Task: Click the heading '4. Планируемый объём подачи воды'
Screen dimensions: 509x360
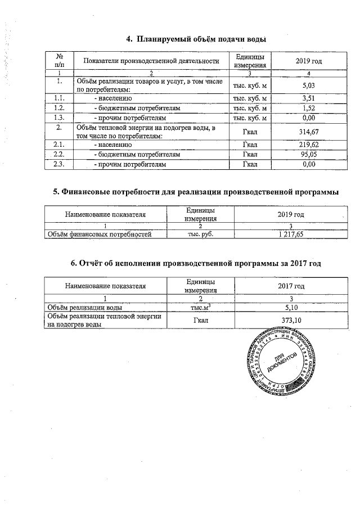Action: pyautogui.click(x=195, y=39)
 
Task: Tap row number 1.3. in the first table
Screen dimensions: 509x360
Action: pyautogui.click(x=59, y=118)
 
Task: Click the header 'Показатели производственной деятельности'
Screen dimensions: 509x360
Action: pyautogui.click(x=151, y=61)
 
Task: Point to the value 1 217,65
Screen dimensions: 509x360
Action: pyautogui.click(x=291, y=234)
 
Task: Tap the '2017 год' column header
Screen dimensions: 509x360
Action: pyautogui.click(x=291, y=286)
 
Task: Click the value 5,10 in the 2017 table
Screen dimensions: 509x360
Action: pyautogui.click(x=291, y=308)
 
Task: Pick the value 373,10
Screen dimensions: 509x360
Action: pyautogui.click(x=291, y=320)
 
